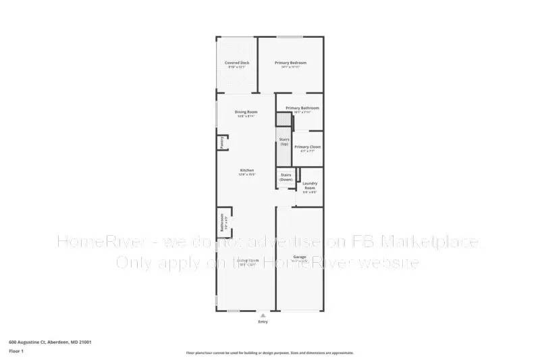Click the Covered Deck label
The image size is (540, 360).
[237, 63]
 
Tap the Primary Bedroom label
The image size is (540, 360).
[291, 63]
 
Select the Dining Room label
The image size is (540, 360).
[246, 111]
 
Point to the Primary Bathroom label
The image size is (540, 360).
[302, 108]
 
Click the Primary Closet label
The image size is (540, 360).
[307, 147]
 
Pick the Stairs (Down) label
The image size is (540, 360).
[286, 177]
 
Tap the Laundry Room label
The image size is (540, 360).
[310, 184]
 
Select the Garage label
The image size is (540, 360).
[300, 257]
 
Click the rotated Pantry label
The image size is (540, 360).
[221, 143]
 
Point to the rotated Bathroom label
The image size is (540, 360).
[221, 222]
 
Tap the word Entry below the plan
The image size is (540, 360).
[263, 322]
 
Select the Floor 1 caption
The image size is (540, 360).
[17, 352]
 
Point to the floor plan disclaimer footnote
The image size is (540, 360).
[269, 353]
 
